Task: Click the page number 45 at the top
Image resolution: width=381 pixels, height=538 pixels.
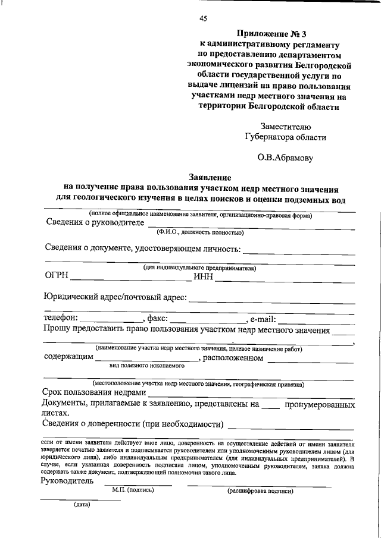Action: point(203,19)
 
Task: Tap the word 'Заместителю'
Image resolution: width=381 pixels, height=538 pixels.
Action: point(285,126)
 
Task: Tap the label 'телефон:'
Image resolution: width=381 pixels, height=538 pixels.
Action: point(61,318)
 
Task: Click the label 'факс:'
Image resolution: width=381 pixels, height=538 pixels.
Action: point(157,318)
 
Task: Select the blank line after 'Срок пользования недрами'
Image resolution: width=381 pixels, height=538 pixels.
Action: point(250,395)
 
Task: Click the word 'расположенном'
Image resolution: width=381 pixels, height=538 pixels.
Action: point(233,358)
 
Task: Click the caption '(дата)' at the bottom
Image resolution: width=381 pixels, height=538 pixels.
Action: point(82,505)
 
